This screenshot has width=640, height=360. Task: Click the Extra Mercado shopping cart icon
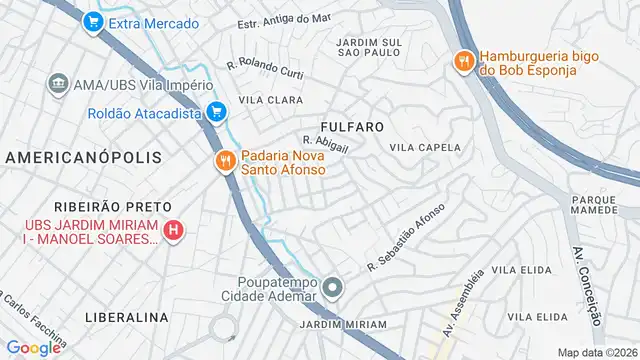(x=93, y=21)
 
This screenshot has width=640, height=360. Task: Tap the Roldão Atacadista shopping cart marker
(x=214, y=113)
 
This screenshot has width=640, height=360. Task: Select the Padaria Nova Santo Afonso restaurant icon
(x=225, y=160)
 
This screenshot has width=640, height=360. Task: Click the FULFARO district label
(x=352, y=127)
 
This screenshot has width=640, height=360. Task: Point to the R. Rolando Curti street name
(x=264, y=68)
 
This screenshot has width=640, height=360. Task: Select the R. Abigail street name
(x=325, y=146)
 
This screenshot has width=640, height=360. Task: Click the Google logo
(x=33, y=347)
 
